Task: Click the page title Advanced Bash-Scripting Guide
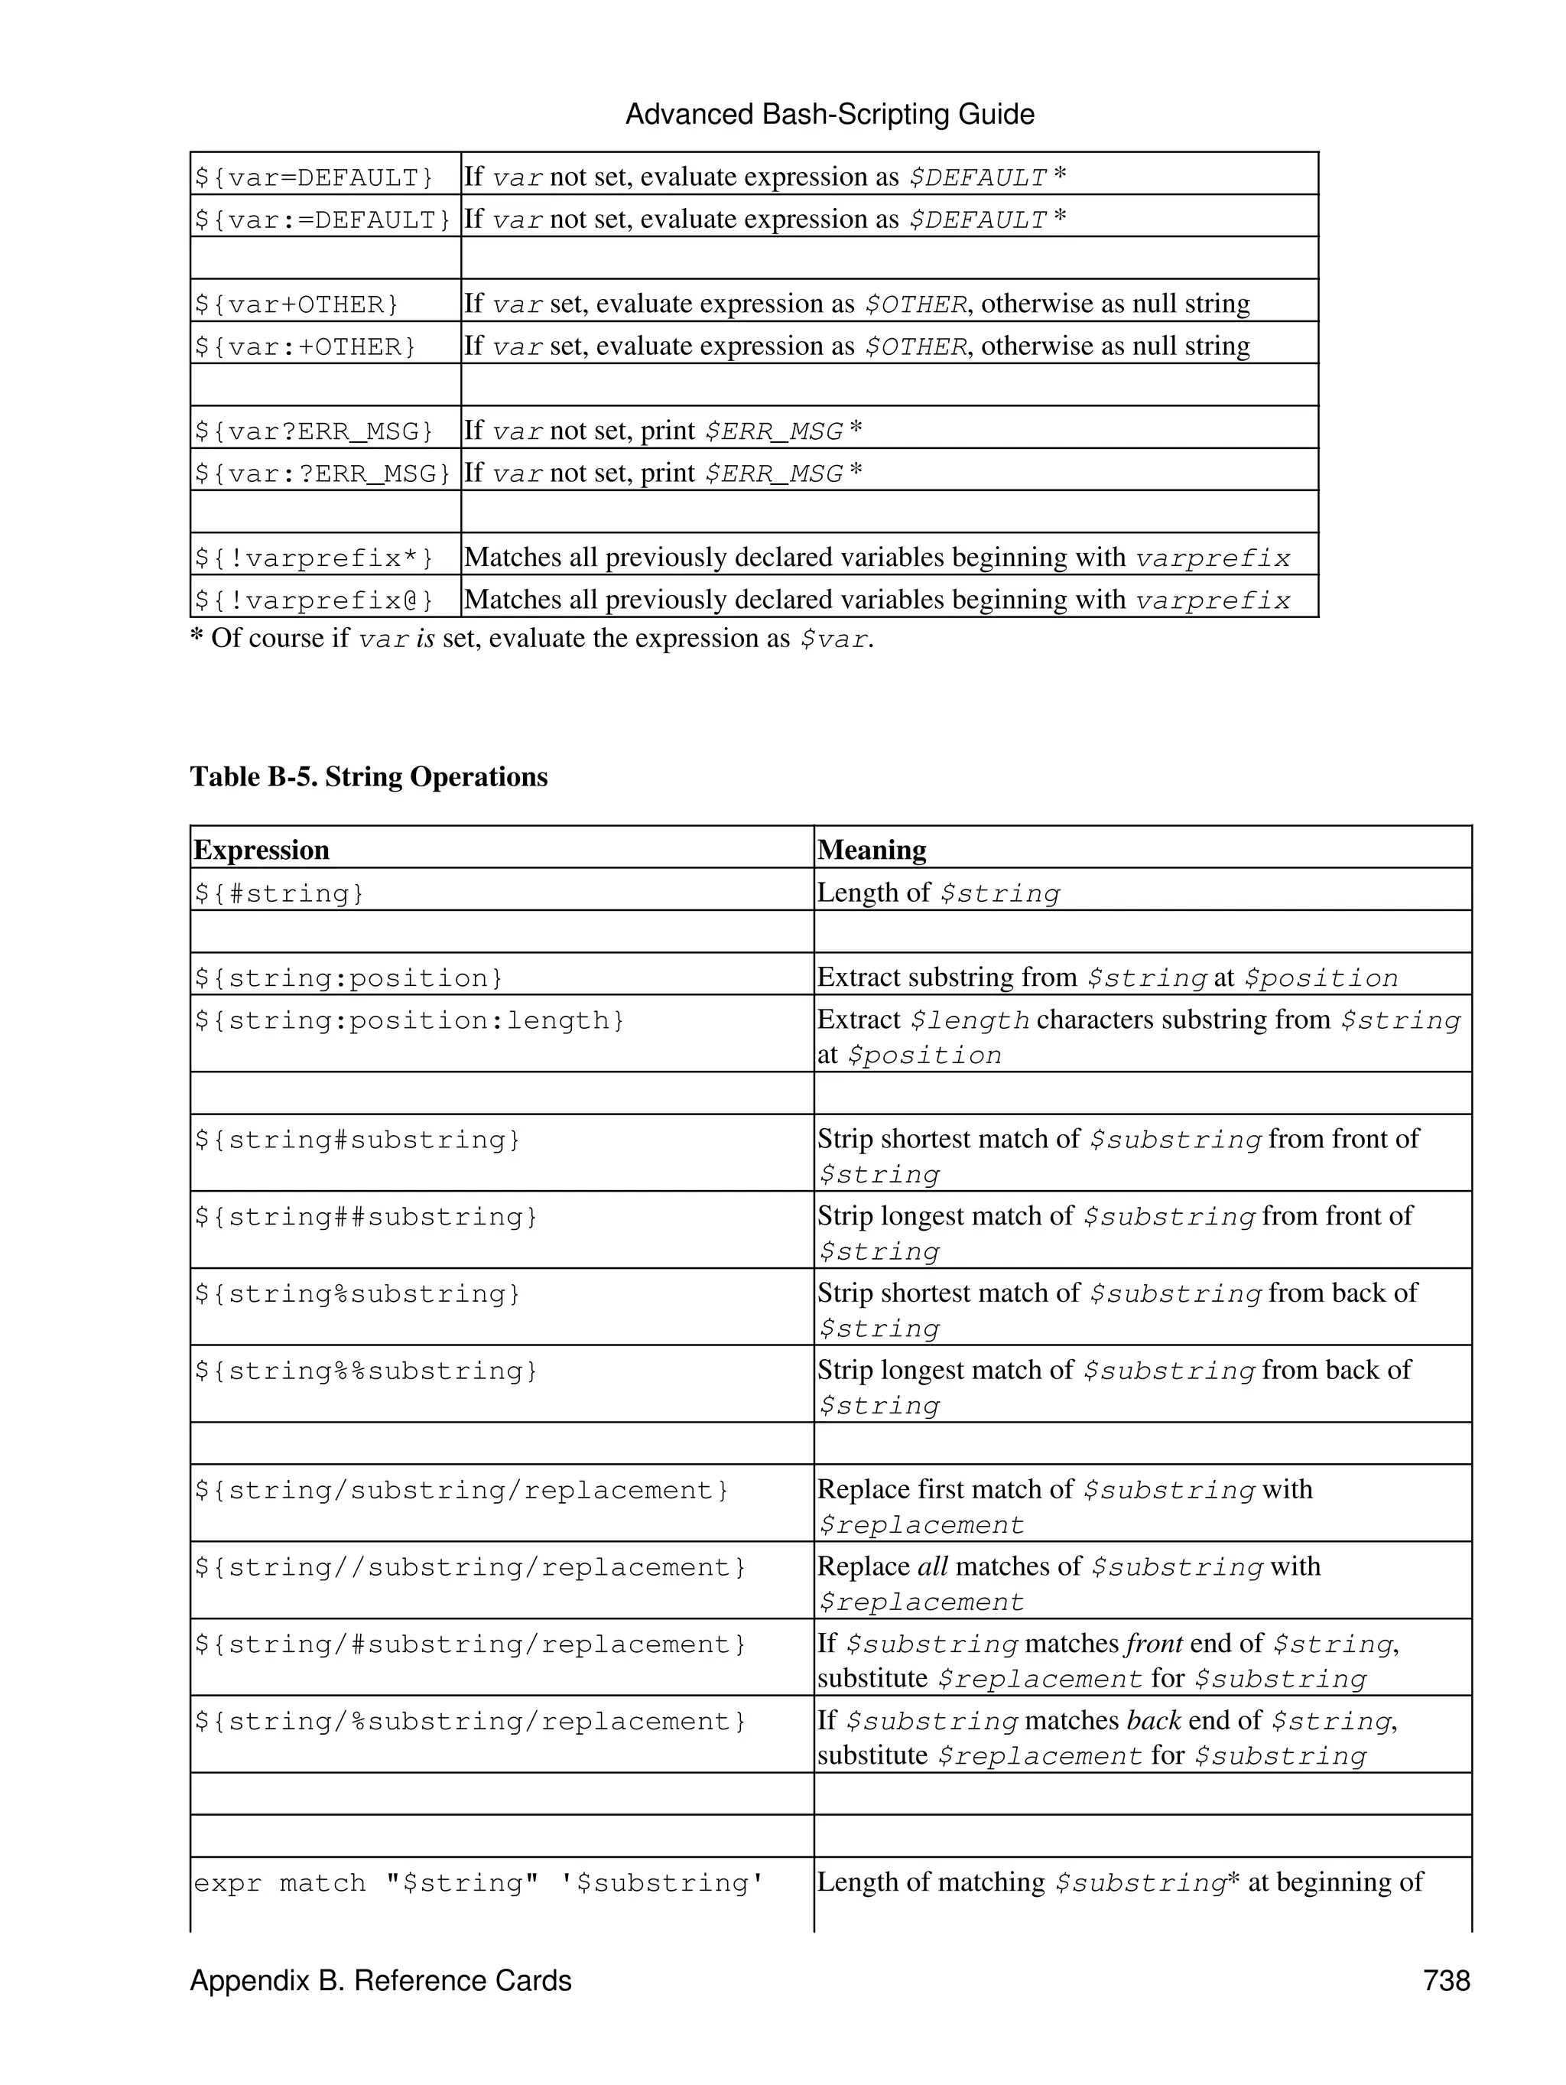click(829, 115)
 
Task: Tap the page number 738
click(1447, 1980)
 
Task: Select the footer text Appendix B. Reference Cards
click(381, 1980)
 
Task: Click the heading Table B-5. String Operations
click(369, 776)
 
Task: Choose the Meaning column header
click(872, 851)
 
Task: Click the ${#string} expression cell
click(279, 893)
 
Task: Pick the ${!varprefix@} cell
click(314, 600)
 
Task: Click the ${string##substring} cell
click(366, 1217)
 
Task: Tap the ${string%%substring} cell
click(366, 1371)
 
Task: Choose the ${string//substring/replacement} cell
click(470, 1567)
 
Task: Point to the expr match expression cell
click(479, 1883)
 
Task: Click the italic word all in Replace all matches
click(932, 1566)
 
